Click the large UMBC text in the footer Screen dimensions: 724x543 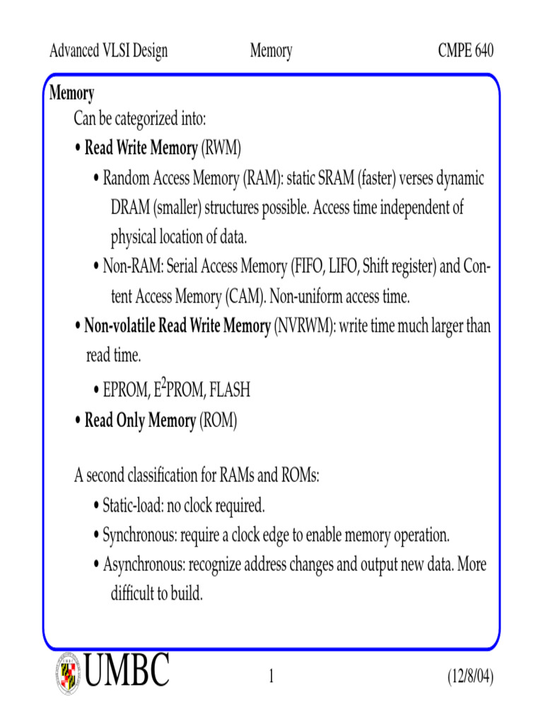coord(127,670)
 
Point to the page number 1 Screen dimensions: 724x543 coord(271,678)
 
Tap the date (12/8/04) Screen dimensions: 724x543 coord(470,677)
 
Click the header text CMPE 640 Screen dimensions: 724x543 coord(465,51)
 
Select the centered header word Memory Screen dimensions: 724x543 coord(271,51)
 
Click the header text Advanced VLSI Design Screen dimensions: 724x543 coord(109,51)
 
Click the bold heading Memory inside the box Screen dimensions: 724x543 coord(71,93)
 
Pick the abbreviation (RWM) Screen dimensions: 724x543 coord(221,148)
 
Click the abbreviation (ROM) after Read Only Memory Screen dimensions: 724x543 coord(218,421)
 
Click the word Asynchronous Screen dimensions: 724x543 coord(144,565)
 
